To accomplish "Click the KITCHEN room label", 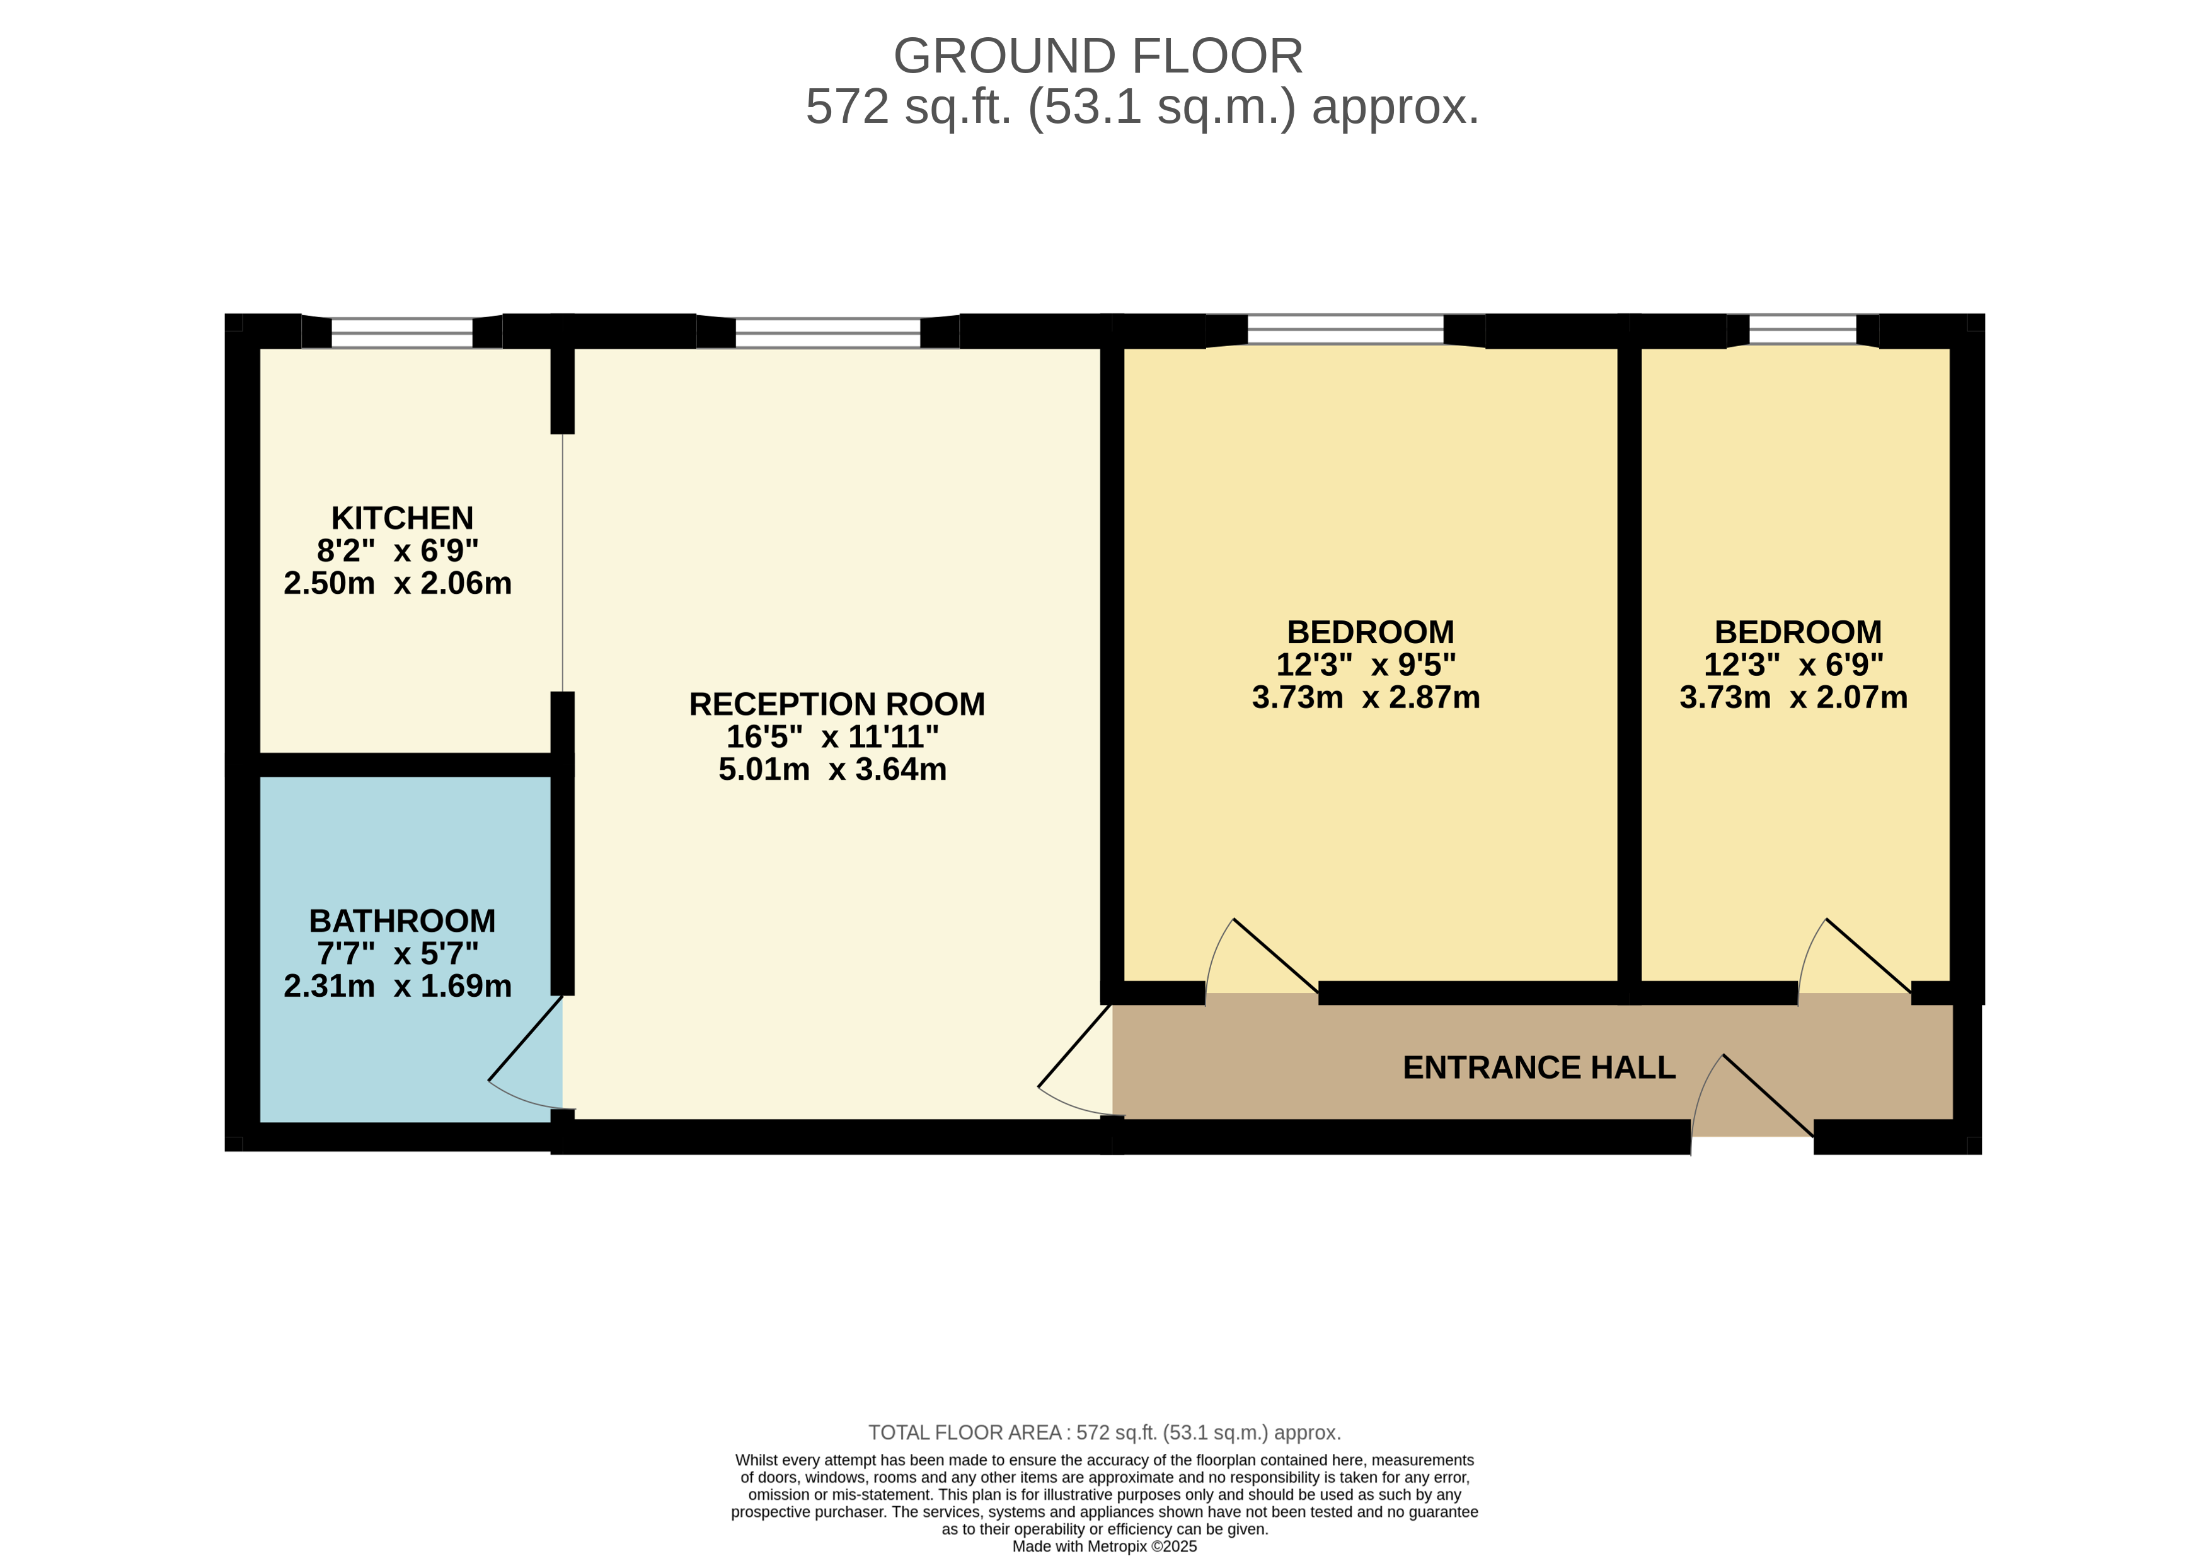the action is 402,518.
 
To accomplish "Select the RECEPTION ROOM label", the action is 836,704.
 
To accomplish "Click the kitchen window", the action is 402,332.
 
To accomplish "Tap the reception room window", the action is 828,332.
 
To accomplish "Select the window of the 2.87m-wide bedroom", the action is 1345,330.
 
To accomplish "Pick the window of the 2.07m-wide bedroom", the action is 1803,330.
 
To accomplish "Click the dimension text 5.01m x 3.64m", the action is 832,769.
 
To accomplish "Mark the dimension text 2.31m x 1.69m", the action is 398,986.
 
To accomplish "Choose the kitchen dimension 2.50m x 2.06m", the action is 398,584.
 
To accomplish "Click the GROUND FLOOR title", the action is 1098,56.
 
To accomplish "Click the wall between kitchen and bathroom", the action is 405,765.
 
